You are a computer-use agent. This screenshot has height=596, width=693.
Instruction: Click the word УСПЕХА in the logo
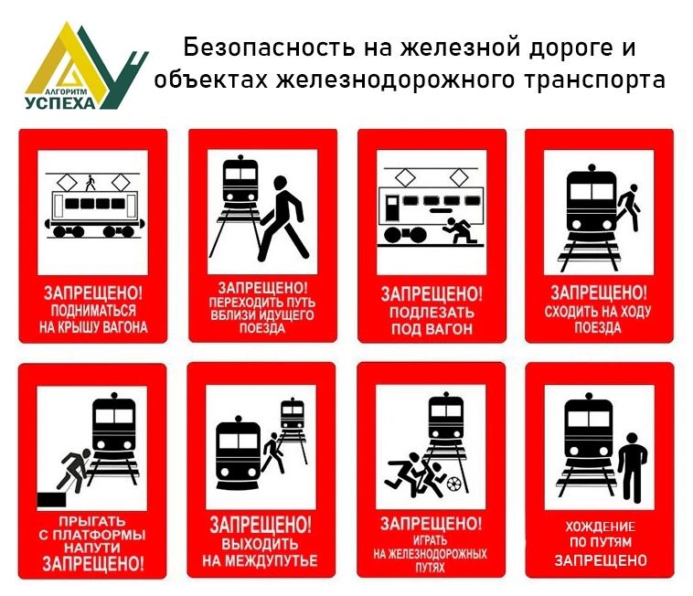pyautogui.click(x=60, y=103)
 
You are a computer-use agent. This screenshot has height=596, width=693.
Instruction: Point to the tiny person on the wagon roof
pyautogui.click(x=91, y=183)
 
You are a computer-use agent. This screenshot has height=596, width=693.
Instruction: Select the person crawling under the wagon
pyautogui.click(x=460, y=230)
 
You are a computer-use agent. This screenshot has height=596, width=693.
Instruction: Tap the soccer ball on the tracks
pyautogui.click(x=453, y=484)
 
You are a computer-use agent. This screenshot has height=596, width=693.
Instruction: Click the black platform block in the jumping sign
pyautogui.click(x=51, y=500)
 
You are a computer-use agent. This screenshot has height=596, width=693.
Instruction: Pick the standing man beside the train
pyautogui.click(x=633, y=467)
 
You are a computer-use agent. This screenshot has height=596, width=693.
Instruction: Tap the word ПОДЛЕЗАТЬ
pyautogui.click(x=432, y=313)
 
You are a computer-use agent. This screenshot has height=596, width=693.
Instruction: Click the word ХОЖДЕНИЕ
pyautogui.click(x=600, y=527)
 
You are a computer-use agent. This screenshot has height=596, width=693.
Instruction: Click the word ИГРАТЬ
pyautogui.click(x=430, y=540)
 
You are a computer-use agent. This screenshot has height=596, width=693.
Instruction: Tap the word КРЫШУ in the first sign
pyautogui.click(x=81, y=327)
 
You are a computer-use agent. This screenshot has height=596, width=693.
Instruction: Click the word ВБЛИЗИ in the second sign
pyautogui.click(x=233, y=315)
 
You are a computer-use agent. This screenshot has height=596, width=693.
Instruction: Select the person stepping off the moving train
pyautogui.click(x=629, y=208)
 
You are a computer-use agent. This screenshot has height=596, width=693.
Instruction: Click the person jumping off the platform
pyautogui.click(x=74, y=471)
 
